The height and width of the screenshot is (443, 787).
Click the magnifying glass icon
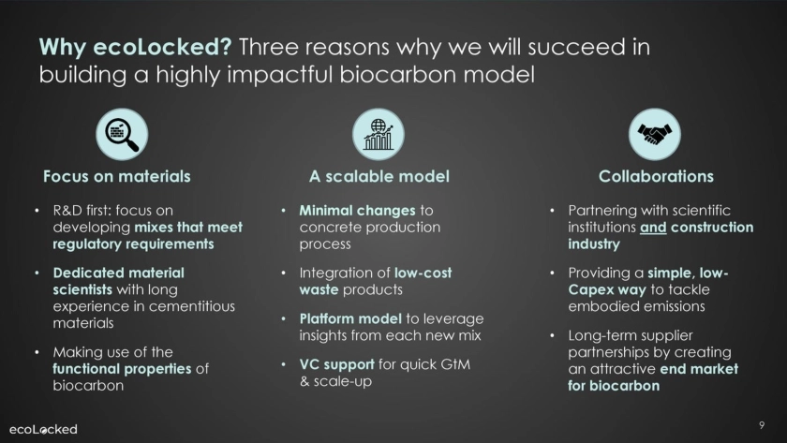pos(122,134)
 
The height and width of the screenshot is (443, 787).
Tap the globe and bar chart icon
pos(379,134)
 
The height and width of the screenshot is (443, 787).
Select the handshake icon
pos(655,134)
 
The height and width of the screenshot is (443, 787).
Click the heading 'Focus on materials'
pos(117,177)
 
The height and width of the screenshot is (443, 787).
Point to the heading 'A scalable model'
pos(379,177)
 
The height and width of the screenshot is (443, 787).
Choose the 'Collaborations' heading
pos(656,177)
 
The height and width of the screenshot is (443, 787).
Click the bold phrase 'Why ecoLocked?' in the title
pos(136,47)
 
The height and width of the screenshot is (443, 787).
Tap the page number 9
pos(762,425)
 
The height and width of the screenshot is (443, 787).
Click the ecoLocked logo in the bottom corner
pos(43,430)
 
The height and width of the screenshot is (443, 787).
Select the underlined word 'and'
pos(653,228)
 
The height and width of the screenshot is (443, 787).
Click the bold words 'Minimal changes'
pos(357,211)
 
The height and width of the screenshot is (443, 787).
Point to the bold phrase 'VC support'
pos(336,364)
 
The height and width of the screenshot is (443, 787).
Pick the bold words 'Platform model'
pos(350,319)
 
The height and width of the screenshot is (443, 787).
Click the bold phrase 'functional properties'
pos(122,369)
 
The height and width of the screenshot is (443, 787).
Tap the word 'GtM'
pos(455,364)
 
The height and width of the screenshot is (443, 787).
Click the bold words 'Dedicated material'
pos(118,273)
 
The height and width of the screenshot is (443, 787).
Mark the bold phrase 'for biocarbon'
pos(614,386)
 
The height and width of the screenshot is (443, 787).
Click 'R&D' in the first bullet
pos(66,211)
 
